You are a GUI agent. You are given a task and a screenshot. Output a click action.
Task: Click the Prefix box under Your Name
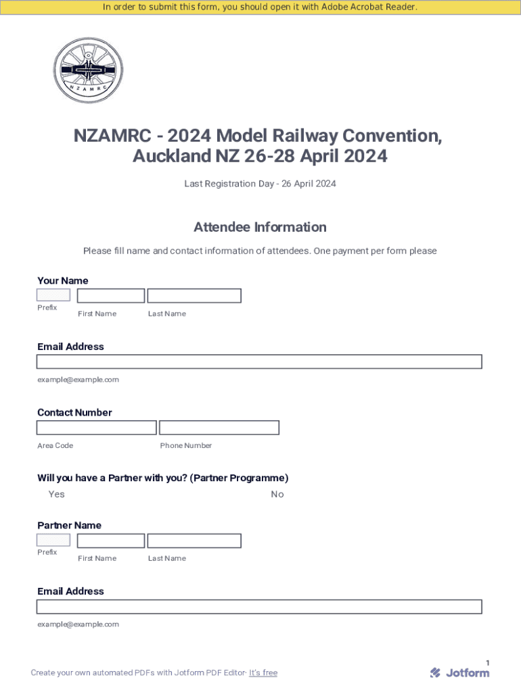[x=53, y=295]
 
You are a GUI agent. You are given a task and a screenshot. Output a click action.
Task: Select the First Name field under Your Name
[x=111, y=295]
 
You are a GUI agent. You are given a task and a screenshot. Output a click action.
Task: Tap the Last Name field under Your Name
[x=194, y=295]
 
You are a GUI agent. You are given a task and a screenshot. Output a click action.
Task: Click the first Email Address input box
[x=259, y=362]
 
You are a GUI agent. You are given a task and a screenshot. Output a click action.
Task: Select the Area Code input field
[x=97, y=427]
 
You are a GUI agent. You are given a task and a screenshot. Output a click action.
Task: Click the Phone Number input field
[x=219, y=427]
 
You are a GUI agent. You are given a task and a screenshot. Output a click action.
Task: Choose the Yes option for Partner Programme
[x=56, y=494]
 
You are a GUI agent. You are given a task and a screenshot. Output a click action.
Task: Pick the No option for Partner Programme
[x=277, y=494]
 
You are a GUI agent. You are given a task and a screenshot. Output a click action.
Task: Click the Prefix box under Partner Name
[x=53, y=540]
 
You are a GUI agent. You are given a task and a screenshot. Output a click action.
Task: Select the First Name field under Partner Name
[x=111, y=541]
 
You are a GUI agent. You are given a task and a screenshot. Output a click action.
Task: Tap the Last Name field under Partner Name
[x=194, y=541]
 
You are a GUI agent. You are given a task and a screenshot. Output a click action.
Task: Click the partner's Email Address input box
[x=259, y=606]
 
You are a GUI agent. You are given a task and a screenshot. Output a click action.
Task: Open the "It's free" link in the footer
[x=263, y=672]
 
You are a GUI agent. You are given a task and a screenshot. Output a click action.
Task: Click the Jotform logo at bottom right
[x=459, y=672]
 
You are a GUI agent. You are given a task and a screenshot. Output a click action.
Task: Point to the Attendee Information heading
[x=260, y=227]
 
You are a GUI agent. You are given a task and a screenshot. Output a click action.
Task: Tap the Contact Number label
[x=74, y=412]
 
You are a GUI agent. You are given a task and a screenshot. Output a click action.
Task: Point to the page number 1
[x=487, y=663]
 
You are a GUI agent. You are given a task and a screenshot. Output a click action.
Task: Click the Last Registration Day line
[x=260, y=184]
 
